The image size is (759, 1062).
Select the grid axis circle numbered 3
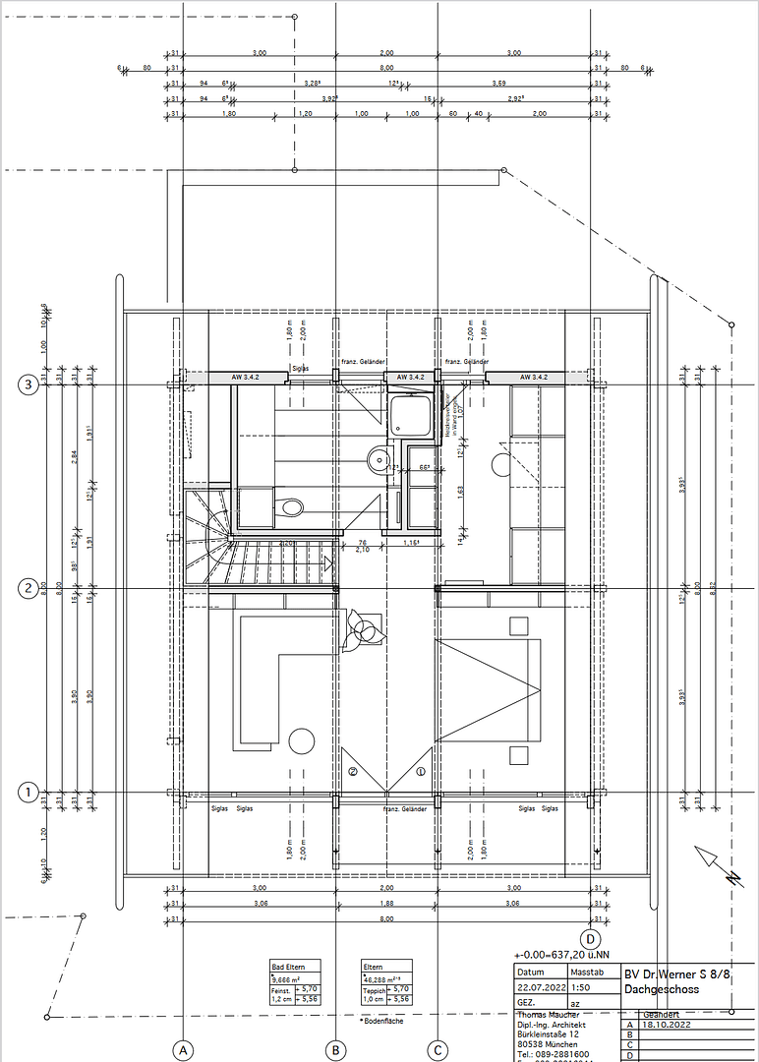29,385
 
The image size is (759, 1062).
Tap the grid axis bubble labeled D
591,938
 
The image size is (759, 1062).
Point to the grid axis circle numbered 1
29,791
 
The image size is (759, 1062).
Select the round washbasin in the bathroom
379,459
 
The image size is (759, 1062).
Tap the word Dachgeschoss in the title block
662,988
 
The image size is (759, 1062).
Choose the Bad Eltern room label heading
288,968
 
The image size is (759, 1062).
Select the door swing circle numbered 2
352,772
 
